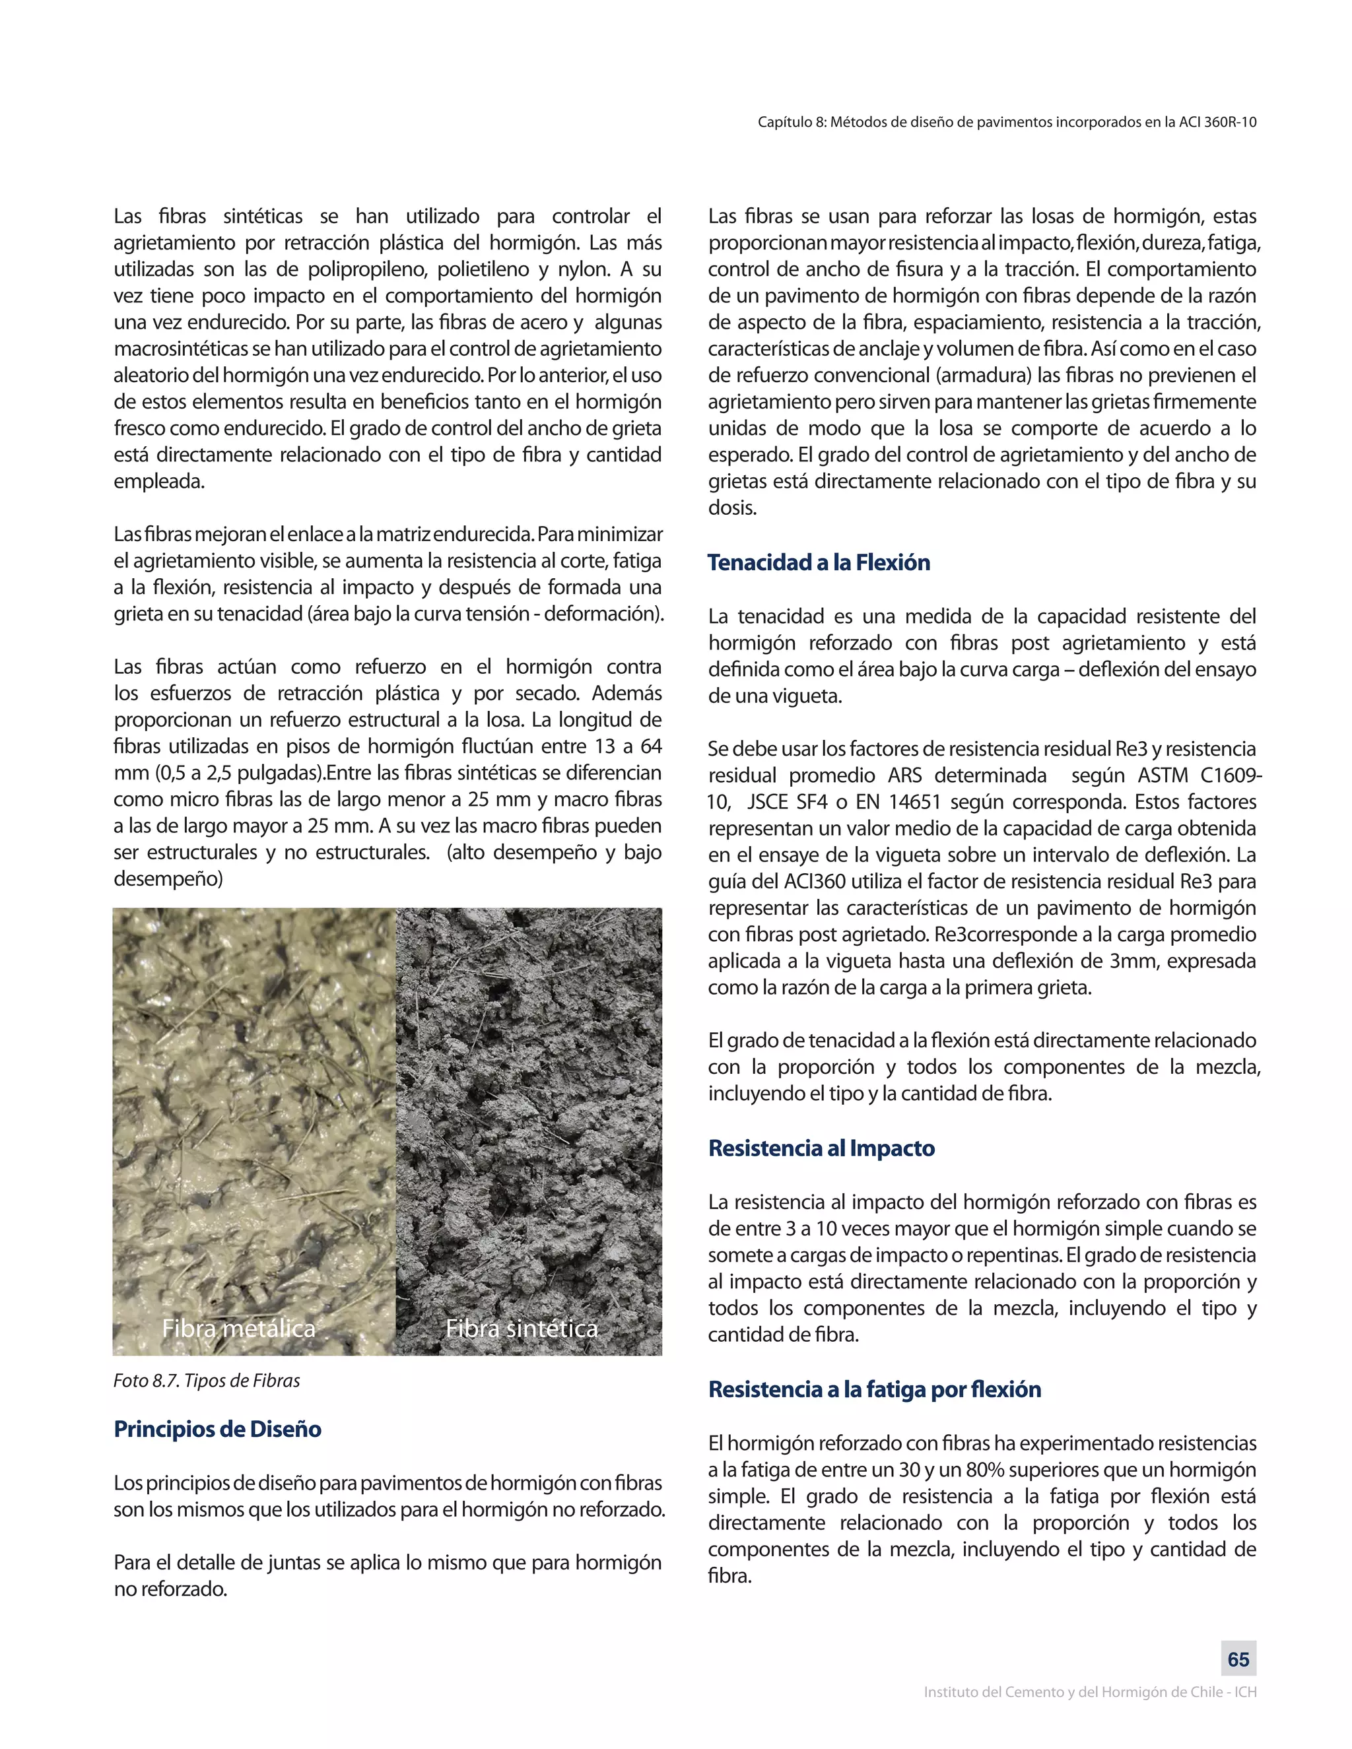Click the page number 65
click(x=1238, y=1659)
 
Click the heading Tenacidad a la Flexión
click(x=819, y=562)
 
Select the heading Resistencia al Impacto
click(x=821, y=1148)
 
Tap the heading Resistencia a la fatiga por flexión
click(x=874, y=1389)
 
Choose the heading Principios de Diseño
click(x=217, y=1430)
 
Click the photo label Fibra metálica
click(x=239, y=1329)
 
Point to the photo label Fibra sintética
click(x=522, y=1329)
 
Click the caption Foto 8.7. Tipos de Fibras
click(x=207, y=1381)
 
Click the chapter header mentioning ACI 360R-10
click(x=1007, y=123)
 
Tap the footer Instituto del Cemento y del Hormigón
click(x=1090, y=1692)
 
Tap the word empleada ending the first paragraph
click(x=158, y=481)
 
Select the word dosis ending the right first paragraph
click(x=732, y=508)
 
